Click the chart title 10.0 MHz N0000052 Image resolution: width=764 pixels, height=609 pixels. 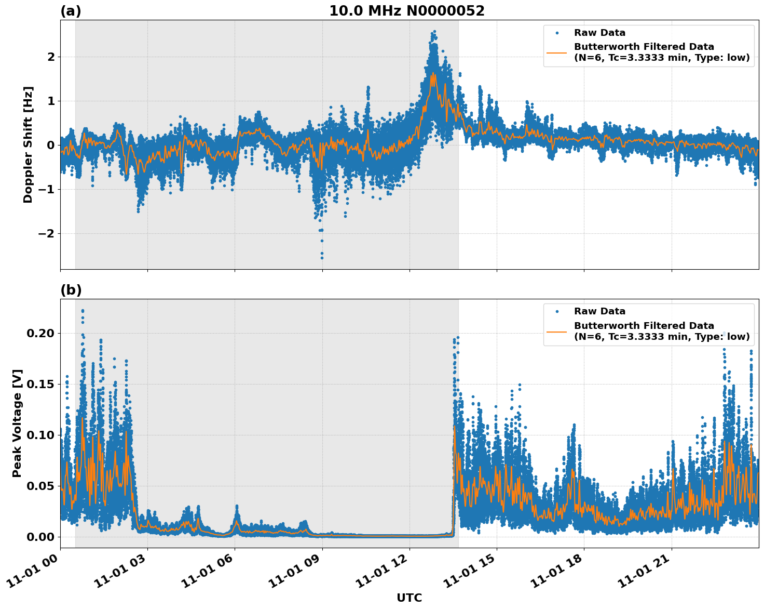pyautogui.click(x=406, y=11)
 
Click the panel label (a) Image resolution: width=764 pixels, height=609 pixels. pyautogui.click(x=71, y=11)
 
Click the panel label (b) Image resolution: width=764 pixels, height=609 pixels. pyautogui.click(x=71, y=290)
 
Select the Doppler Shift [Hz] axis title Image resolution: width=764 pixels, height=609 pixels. pyautogui.click(x=28, y=144)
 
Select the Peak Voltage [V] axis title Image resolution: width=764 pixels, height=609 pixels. pyautogui.click(x=17, y=423)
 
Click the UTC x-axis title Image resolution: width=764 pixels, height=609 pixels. pyautogui.click(x=409, y=598)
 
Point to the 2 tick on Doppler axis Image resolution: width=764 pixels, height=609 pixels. pyautogui.click(x=50, y=57)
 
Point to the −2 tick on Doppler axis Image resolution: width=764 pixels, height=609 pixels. pyautogui.click(x=47, y=233)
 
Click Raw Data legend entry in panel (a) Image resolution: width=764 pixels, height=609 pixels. pyautogui.click(x=599, y=33)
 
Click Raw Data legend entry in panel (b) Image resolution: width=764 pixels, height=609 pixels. pyautogui.click(x=599, y=311)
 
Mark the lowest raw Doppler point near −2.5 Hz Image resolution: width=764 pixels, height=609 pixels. pyautogui.click(x=322, y=258)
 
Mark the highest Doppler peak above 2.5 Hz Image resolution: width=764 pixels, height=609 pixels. pyautogui.click(x=434, y=32)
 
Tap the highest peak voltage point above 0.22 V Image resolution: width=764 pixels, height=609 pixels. pyautogui.click(x=83, y=311)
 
